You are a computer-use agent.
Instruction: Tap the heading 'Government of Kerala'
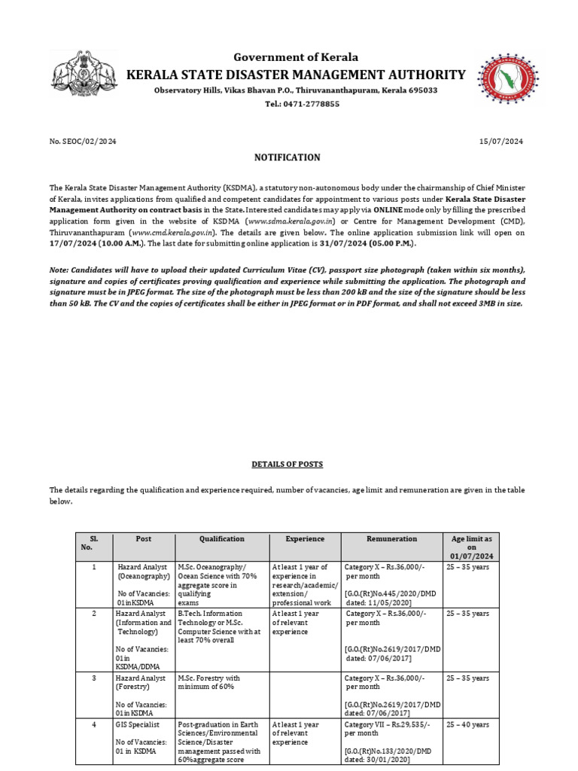click(x=296, y=57)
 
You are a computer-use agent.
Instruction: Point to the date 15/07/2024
click(x=501, y=141)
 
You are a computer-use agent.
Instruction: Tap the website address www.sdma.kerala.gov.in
click(x=283, y=222)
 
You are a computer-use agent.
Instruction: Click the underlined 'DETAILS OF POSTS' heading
click(x=287, y=465)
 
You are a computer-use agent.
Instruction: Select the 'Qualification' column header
click(x=221, y=539)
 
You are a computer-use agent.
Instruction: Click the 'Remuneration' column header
click(x=391, y=539)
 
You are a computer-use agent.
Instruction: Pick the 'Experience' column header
click(x=305, y=539)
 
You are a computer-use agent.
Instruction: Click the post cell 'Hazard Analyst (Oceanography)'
click(x=143, y=571)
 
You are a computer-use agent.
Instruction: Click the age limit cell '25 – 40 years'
click(x=467, y=724)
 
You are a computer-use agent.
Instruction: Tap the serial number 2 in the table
click(x=94, y=614)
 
